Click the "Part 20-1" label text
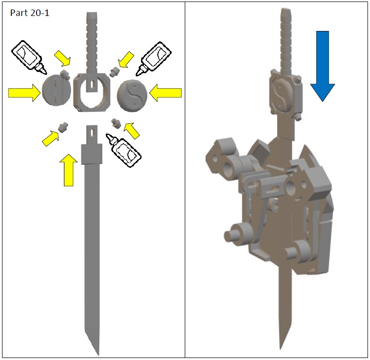[x=30, y=13]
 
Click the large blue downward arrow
[x=323, y=66]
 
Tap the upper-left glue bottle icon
[x=29, y=56]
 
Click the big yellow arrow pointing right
[x=24, y=93]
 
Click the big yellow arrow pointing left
[x=166, y=93]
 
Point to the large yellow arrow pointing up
[x=68, y=170]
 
